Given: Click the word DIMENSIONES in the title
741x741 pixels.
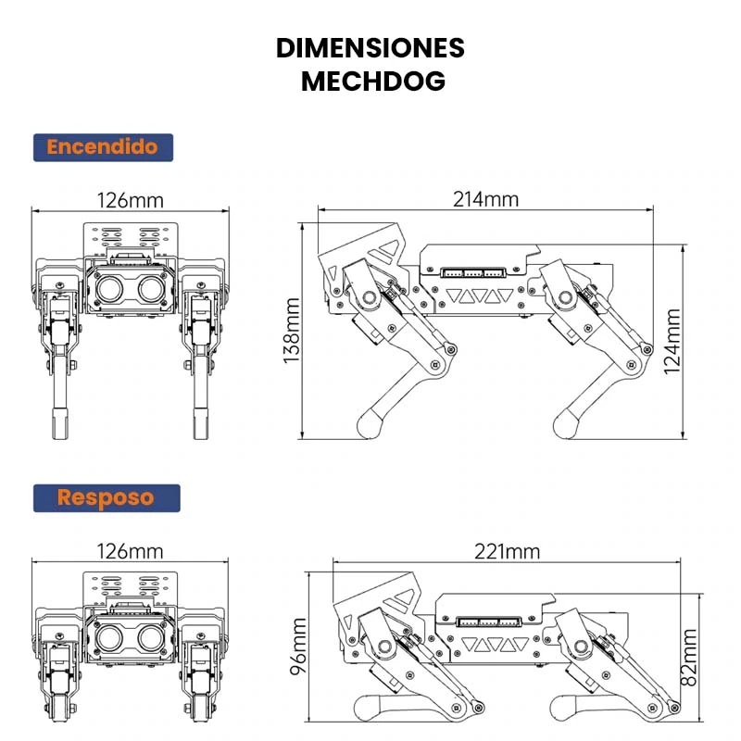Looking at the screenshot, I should [x=370, y=48].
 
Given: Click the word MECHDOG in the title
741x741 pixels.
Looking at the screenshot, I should [x=373, y=81].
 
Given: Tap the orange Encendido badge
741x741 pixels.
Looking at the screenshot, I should [x=103, y=146].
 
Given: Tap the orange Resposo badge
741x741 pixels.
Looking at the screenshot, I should [x=106, y=497].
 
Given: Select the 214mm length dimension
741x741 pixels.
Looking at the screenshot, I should [x=485, y=199].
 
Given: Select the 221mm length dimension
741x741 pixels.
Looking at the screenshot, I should [x=506, y=552].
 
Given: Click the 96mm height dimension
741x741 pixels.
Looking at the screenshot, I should [x=298, y=648].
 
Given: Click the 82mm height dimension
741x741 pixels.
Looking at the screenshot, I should [x=688, y=656].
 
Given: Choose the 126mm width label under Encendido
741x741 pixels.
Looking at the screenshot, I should [x=130, y=200].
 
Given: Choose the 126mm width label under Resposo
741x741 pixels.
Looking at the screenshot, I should [x=130, y=552].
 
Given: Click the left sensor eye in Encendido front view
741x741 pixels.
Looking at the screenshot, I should [x=110, y=288].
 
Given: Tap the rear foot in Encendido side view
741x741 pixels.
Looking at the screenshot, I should [x=566, y=424].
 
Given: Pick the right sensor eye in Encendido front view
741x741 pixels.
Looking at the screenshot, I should [x=150, y=288].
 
